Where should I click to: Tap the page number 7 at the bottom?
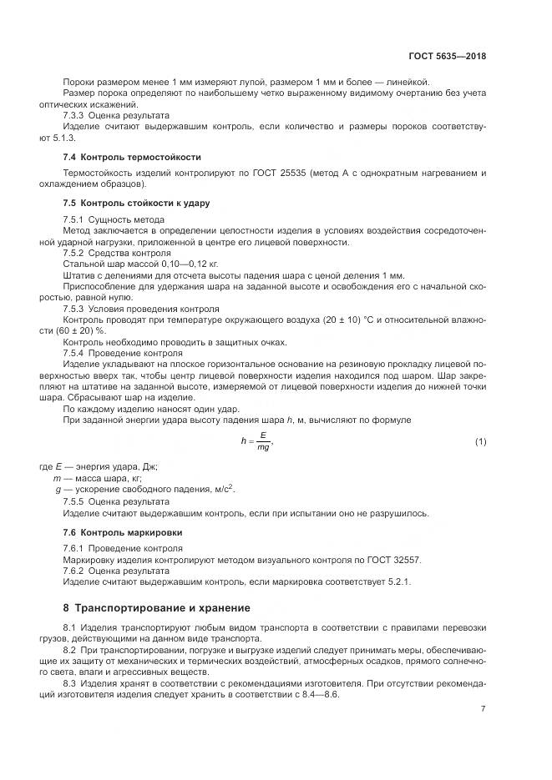pyautogui.click(x=484, y=708)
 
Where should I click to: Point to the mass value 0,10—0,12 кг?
pyautogui.click(x=176, y=264)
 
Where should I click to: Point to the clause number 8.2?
pyautogui.click(x=70, y=648)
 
